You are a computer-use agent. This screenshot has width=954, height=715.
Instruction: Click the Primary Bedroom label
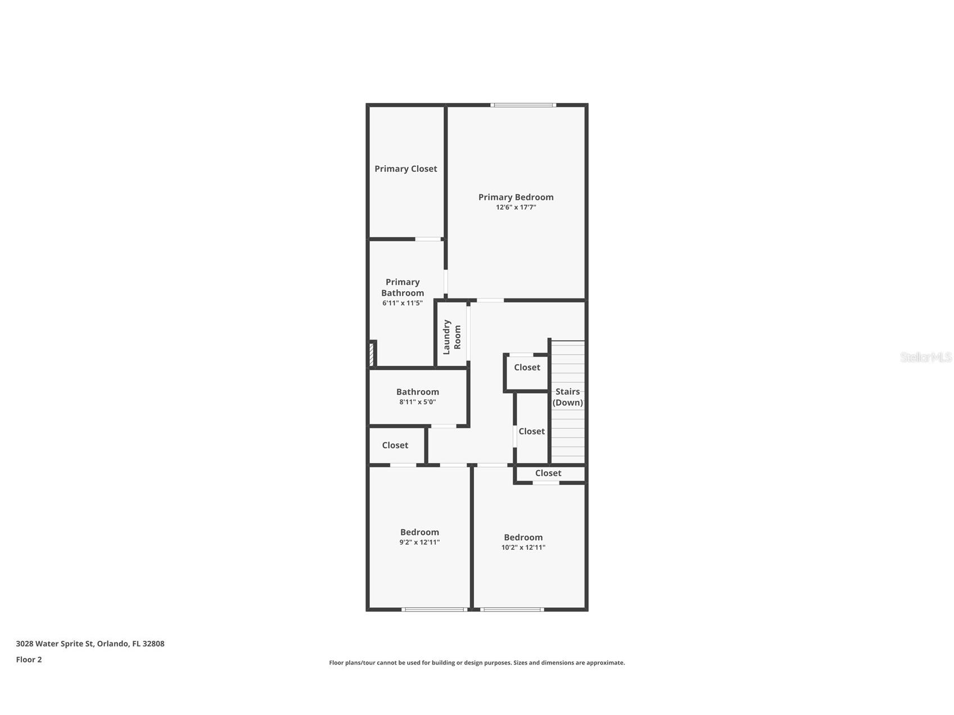click(x=516, y=197)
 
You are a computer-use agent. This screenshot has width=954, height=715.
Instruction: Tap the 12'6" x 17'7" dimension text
click(x=516, y=207)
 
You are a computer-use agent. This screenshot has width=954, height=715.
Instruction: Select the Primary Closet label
click(x=405, y=169)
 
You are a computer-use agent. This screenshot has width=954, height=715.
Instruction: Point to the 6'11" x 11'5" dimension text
click(x=402, y=303)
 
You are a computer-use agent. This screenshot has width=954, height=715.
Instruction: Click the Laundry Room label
click(x=451, y=337)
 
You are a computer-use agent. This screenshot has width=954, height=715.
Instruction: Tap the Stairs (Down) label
click(x=567, y=397)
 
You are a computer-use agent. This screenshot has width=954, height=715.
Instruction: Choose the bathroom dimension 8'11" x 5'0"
click(x=417, y=402)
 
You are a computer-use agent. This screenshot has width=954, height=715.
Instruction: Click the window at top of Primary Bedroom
click(x=523, y=105)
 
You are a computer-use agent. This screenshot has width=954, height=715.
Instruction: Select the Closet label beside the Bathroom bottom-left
click(x=395, y=445)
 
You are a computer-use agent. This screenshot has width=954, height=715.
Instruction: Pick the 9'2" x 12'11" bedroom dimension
click(x=419, y=542)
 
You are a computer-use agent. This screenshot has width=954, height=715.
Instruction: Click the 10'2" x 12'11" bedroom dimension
click(x=523, y=547)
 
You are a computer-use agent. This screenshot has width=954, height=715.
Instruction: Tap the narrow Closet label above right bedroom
click(x=548, y=473)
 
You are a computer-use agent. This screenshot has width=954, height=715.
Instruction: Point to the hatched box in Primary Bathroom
click(x=371, y=355)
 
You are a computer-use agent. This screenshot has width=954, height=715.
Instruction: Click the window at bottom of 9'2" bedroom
click(x=435, y=609)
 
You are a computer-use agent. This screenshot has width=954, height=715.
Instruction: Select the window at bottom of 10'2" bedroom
click(x=512, y=609)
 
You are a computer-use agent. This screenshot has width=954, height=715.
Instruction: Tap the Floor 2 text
click(x=29, y=660)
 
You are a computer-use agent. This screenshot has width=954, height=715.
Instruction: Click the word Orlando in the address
click(x=112, y=644)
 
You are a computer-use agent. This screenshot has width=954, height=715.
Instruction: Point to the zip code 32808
click(x=153, y=644)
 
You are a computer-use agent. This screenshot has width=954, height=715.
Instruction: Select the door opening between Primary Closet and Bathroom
click(x=428, y=239)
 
